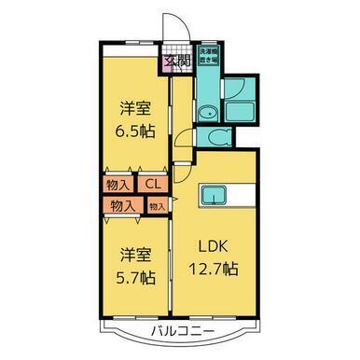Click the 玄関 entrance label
coord(173,63)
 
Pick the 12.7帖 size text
coord(215,270)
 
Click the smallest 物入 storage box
coord(157,205)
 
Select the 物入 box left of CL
coord(118,185)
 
